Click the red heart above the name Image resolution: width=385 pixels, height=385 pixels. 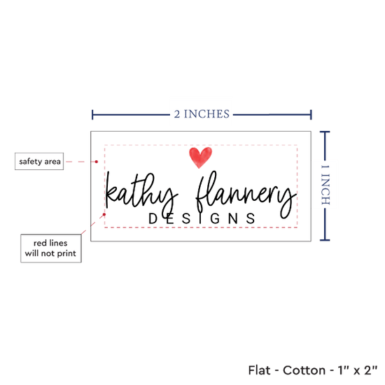[200, 157]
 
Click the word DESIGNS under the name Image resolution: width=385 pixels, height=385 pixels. [202, 218]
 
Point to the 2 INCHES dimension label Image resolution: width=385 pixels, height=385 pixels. [202, 114]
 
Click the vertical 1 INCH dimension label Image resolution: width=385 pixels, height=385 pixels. [325, 185]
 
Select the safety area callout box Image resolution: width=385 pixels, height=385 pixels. [39, 161]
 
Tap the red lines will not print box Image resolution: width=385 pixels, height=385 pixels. [51, 248]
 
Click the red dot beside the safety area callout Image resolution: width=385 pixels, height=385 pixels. [97, 162]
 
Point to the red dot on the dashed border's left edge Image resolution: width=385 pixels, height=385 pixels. [104, 214]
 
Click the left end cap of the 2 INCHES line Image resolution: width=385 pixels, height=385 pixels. [92, 115]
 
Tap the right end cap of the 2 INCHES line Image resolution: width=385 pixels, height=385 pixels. [311, 115]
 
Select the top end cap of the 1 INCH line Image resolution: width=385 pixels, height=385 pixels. [325, 132]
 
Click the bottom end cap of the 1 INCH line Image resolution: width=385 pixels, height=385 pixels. [325, 239]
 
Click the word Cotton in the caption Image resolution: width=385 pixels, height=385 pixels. [304, 370]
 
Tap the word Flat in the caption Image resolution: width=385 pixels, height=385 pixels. [259, 370]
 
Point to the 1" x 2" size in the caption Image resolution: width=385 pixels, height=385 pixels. [358, 370]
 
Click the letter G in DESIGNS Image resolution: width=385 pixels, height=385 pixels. [215, 218]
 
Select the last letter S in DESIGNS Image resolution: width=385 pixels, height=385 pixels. [251, 218]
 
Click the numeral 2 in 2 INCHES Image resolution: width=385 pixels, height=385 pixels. [177, 114]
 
